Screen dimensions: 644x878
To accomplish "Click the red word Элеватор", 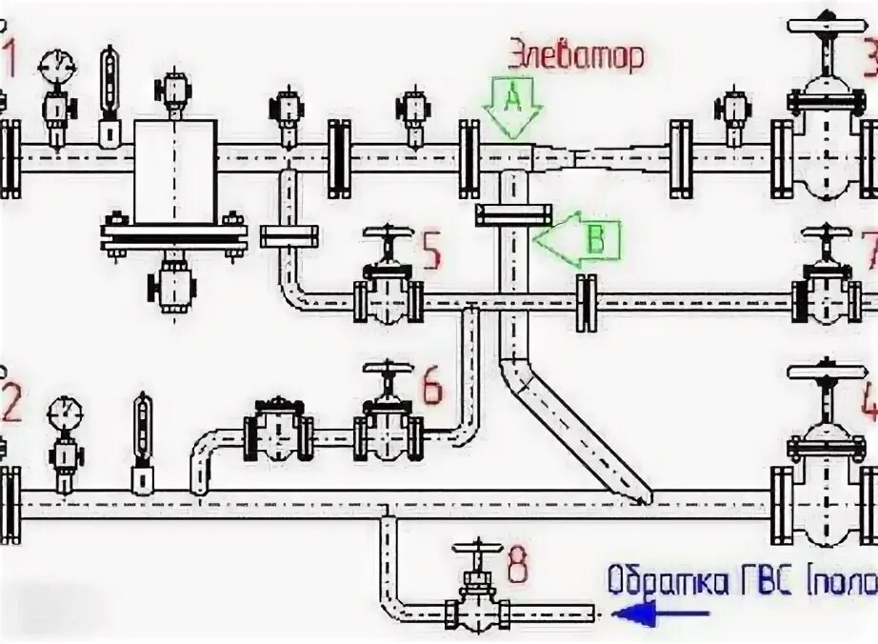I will [574, 54].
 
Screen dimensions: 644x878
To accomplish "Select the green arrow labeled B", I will [579, 238].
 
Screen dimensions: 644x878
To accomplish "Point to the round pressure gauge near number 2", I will [65, 412].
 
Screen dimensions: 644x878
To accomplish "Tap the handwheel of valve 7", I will [826, 232].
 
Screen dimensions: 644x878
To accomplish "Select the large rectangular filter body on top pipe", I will [175, 171].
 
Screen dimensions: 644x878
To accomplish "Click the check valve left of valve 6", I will [277, 430].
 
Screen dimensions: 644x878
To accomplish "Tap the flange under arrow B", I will [513, 214].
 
